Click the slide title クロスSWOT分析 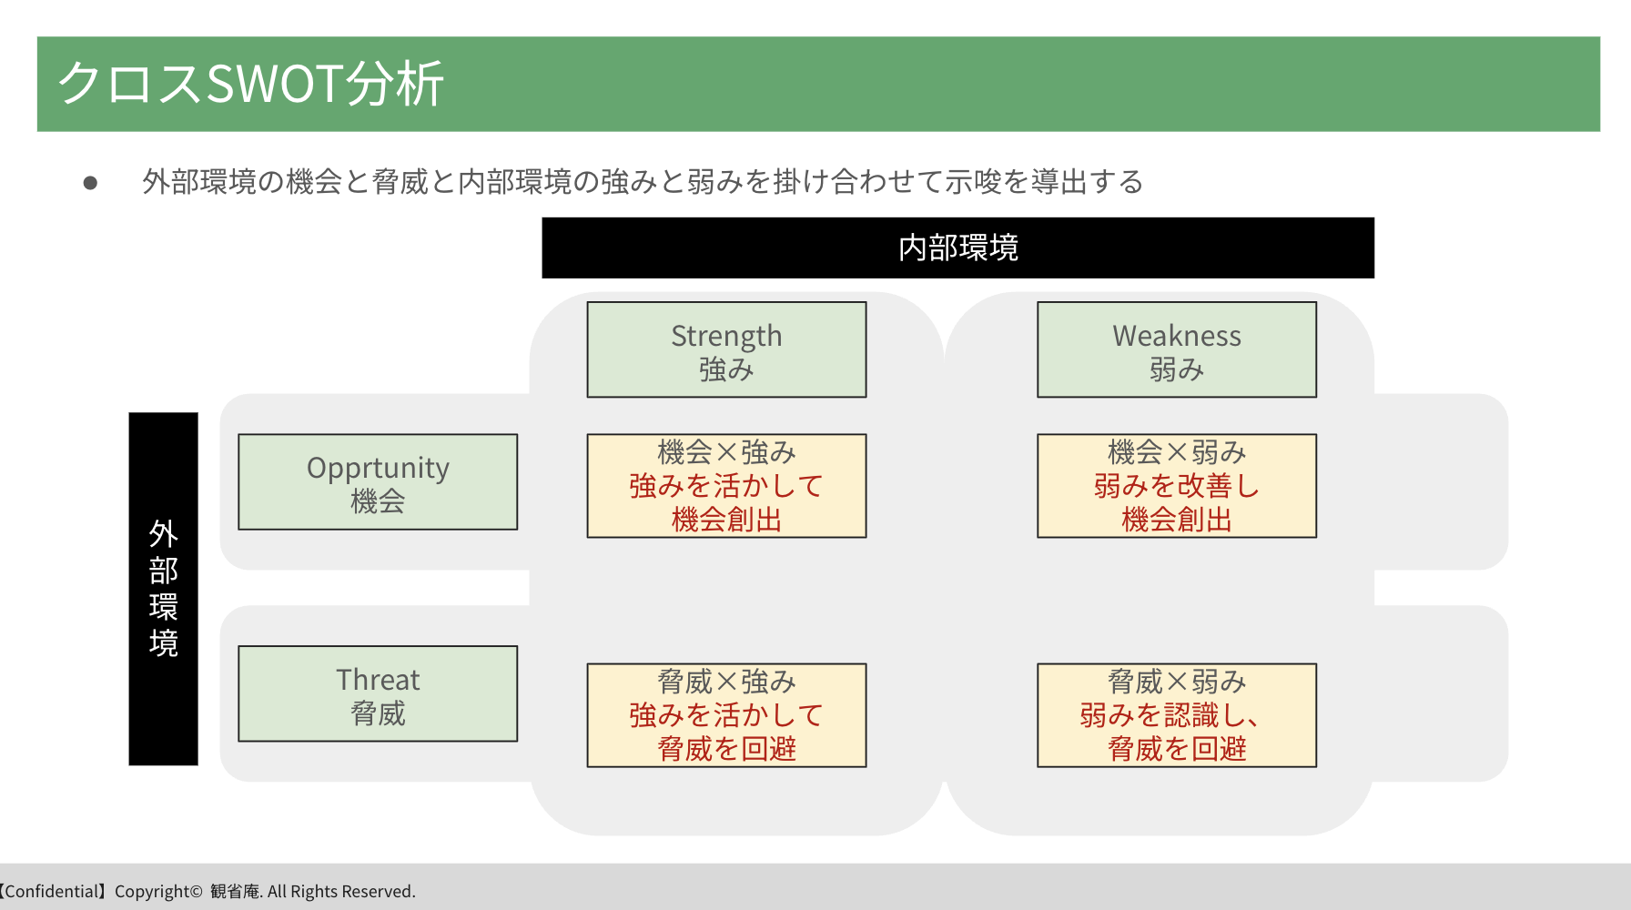250,84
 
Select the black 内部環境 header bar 957,248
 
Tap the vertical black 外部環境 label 163,589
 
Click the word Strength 726,337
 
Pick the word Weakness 1177,336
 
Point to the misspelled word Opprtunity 378,469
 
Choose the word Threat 378,680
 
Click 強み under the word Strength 726,369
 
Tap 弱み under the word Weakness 1177,369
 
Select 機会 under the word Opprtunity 378,500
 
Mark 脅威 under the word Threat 378,713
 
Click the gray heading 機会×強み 726,452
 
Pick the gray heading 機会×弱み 1177,452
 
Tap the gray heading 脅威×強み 726,682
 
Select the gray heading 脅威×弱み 1177,682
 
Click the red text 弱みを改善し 1177,486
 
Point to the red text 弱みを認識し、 1170,715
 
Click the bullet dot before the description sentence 90,183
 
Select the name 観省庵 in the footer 235,892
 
